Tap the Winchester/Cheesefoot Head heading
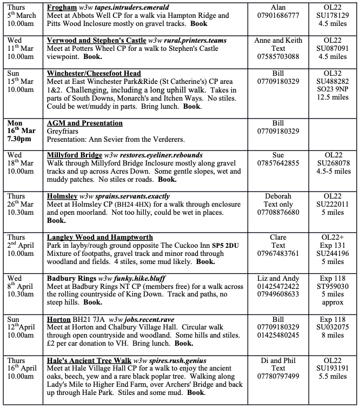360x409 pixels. (94, 74)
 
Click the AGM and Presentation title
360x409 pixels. (86, 124)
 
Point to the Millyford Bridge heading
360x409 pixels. (74, 155)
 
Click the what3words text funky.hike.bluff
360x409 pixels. (137, 278)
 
